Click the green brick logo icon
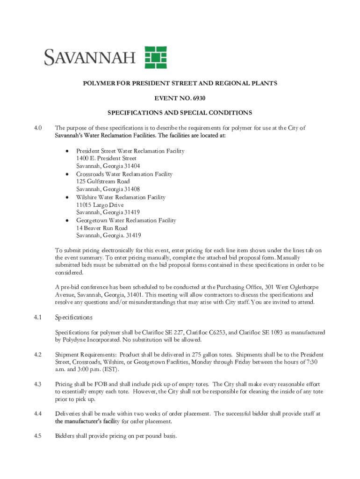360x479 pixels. pyautogui.click(x=156, y=58)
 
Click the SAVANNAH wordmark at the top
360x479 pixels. pyautogui.click(x=90, y=58)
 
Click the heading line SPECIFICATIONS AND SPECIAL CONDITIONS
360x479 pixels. pyautogui.click(x=180, y=113)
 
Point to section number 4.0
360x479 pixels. pyautogui.click(x=38, y=128)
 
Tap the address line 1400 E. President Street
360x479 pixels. pyautogui.click(x=107, y=159)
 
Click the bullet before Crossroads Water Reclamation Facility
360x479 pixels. pyautogui.click(x=68, y=174)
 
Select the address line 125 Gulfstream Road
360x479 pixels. pyautogui.click(x=103, y=181)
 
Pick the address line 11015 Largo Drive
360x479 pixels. pyautogui.click(x=100, y=205)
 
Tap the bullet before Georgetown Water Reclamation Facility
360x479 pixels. pyautogui.click(x=68, y=220)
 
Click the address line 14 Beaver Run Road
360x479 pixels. pyautogui.click(x=102, y=228)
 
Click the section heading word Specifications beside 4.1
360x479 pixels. pyautogui.click(x=74, y=318)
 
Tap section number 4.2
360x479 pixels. pyautogui.click(x=38, y=355)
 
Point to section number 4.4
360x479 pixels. pyautogui.click(x=38, y=414)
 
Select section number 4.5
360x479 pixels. pyautogui.click(x=38, y=436)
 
